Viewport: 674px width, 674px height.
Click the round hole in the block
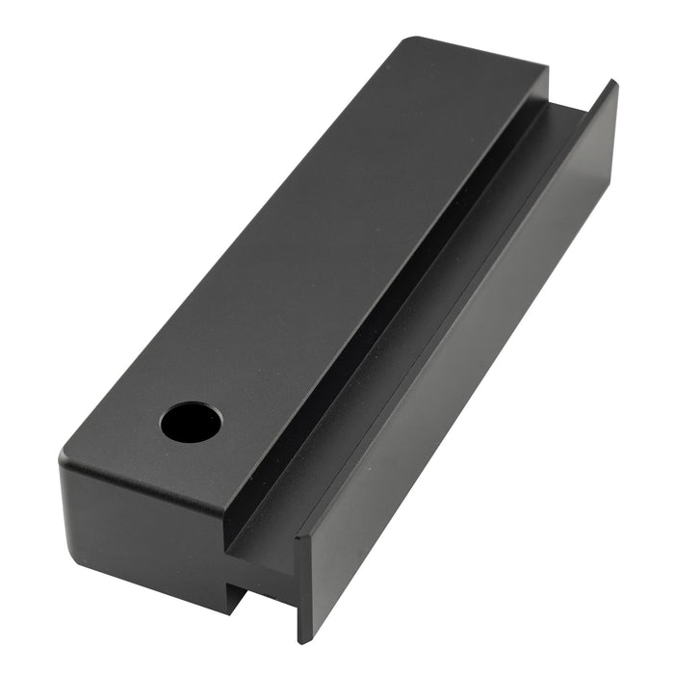pyautogui.click(x=191, y=422)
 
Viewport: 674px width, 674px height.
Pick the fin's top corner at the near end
pyautogui.click(x=298, y=535)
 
